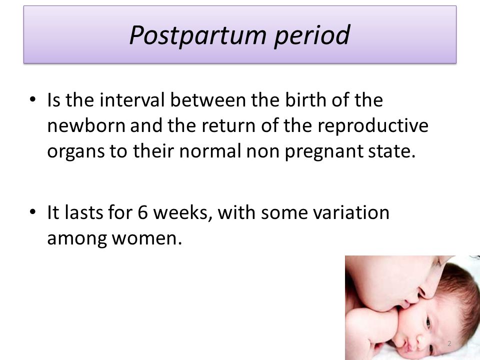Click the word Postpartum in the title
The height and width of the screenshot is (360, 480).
198,35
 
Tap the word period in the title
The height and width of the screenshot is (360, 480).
312,35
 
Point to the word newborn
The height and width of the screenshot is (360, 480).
86,125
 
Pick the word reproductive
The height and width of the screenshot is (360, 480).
373,126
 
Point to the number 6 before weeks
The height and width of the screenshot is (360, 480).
142,212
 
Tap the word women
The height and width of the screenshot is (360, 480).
146,238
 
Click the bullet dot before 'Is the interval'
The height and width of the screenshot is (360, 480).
33,99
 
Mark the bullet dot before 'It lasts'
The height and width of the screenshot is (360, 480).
33,212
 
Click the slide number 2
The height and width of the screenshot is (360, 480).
449,343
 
